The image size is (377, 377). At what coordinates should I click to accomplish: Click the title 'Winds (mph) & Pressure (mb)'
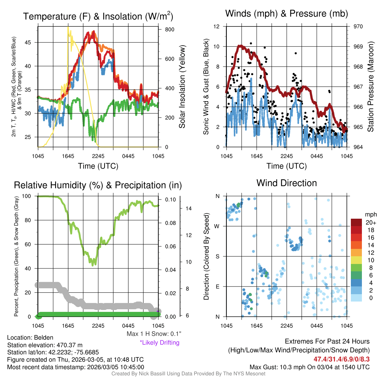286,14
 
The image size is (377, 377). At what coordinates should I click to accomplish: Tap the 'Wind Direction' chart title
286,183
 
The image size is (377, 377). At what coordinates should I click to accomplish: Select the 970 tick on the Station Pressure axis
358,27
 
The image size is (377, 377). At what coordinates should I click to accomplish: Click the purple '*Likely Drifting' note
159,343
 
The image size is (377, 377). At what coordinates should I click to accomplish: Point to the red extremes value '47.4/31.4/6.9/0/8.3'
341,359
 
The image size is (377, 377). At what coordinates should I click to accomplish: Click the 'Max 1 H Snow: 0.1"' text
154,334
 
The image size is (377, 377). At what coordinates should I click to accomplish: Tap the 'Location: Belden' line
30,338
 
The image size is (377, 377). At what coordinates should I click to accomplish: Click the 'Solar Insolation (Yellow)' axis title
182,87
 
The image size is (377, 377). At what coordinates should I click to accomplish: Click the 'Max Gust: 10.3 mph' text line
309,367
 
